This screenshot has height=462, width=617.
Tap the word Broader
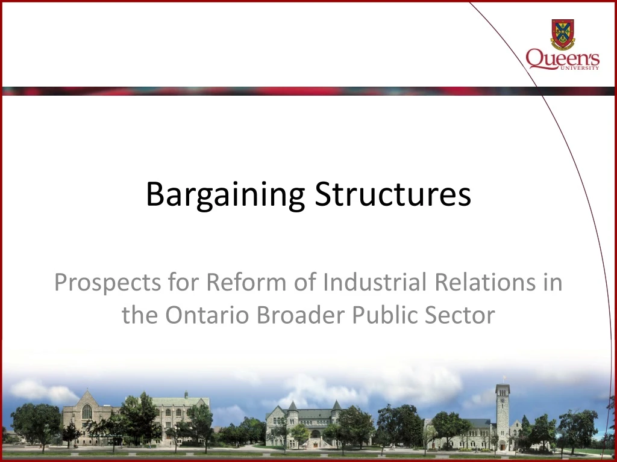[302, 315]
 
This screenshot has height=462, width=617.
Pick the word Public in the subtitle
[390, 315]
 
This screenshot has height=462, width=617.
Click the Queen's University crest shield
[562, 34]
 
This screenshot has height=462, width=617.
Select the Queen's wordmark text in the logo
[562, 59]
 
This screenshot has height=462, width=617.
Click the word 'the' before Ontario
[139, 315]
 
